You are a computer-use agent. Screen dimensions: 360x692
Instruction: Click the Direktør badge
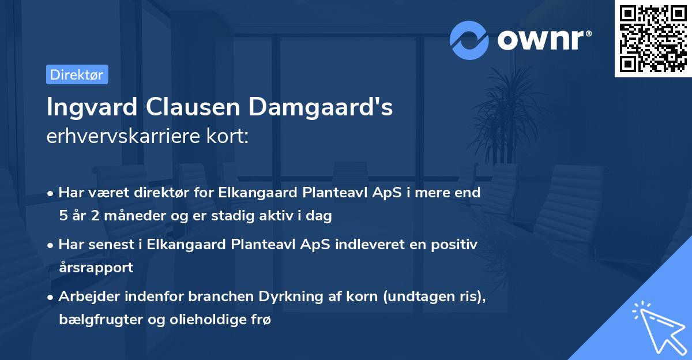pos(77,75)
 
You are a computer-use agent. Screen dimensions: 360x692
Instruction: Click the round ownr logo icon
pos(469,40)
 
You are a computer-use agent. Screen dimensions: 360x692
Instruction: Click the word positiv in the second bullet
pos(455,244)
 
